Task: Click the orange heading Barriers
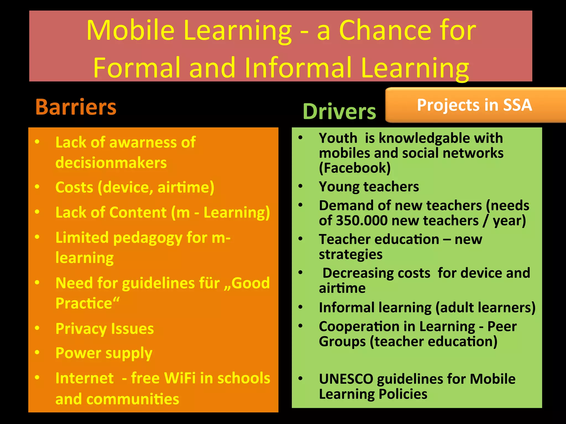(x=76, y=107)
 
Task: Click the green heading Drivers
(x=339, y=112)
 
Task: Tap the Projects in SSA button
(x=475, y=105)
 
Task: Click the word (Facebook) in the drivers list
(x=355, y=168)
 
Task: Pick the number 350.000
(x=362, y=221)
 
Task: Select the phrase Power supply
(x=104, y=353)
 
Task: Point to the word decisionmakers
(x=111, y=163)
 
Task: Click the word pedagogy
(x=148, y=238)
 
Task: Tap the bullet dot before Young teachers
(x=300, y=186)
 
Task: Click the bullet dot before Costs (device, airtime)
(x=37, y=187)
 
